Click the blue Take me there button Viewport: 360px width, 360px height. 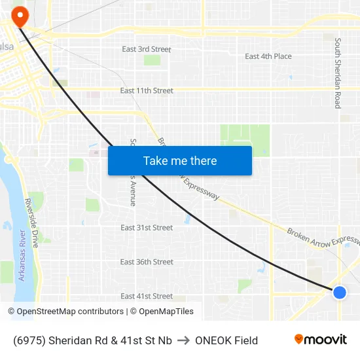(x=180, y=161)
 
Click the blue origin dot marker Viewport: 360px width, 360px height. (x=339, y=292)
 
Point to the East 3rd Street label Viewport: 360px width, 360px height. (x=147, y=49)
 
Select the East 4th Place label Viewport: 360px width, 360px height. (x=268, y=56)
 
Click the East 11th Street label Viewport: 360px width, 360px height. (x=147, y=90)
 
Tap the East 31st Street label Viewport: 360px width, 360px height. (x=147, y=228)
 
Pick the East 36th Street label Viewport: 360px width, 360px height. (x=147, y=262)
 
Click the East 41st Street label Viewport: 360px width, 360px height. (x=147, y=296)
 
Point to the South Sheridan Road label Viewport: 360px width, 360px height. (x=338, y=73)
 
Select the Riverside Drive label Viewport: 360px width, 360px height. (x=31, y=223)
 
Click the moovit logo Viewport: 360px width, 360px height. (x=321, y=339)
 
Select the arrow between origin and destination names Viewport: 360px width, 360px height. (x=183, y=340)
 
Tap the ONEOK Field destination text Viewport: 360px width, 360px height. (x=226, y=340)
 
